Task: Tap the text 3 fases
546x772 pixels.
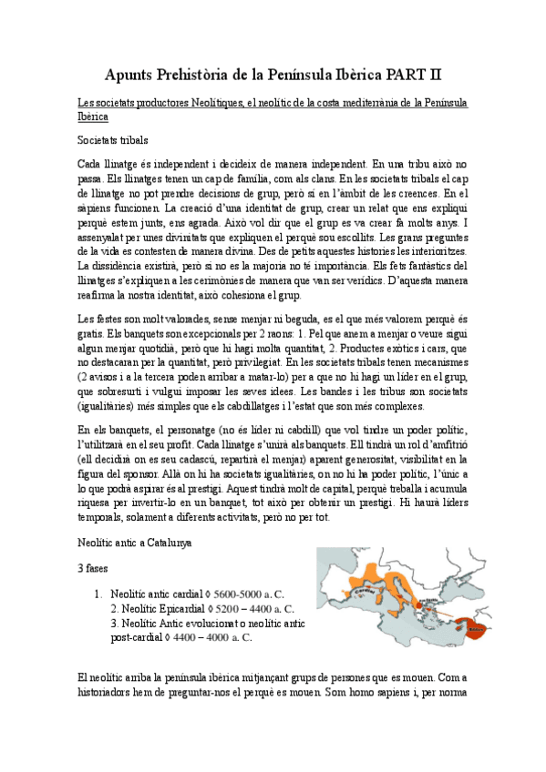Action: tap(93, 566)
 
